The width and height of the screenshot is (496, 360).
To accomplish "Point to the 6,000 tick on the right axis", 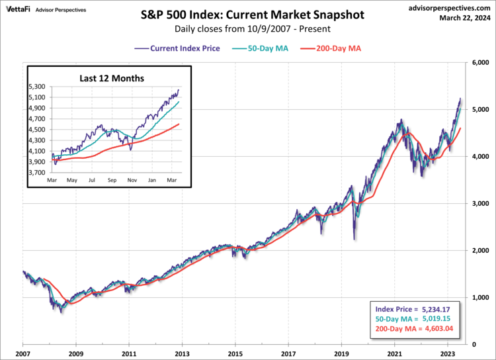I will point(480,62).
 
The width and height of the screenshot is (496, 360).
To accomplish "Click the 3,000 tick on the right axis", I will point(480,203).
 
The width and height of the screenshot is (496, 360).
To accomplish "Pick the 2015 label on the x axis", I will point(235,354).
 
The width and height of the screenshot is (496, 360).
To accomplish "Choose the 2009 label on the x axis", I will point(76,354).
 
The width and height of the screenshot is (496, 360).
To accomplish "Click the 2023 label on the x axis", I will point(448,354).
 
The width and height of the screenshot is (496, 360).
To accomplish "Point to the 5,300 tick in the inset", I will point(38,87).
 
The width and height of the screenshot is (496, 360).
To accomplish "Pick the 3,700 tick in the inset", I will point(38,171).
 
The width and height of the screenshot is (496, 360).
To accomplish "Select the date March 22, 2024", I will point(465,17).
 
